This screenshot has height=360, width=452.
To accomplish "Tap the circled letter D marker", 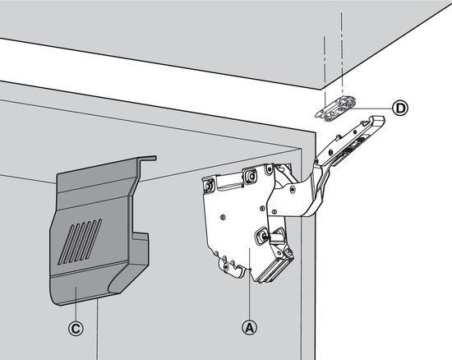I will tap(399, 108).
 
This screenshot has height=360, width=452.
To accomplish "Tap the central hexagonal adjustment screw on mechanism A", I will tap(265, 235).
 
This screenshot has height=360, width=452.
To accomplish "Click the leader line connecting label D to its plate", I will tap(374, 108).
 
